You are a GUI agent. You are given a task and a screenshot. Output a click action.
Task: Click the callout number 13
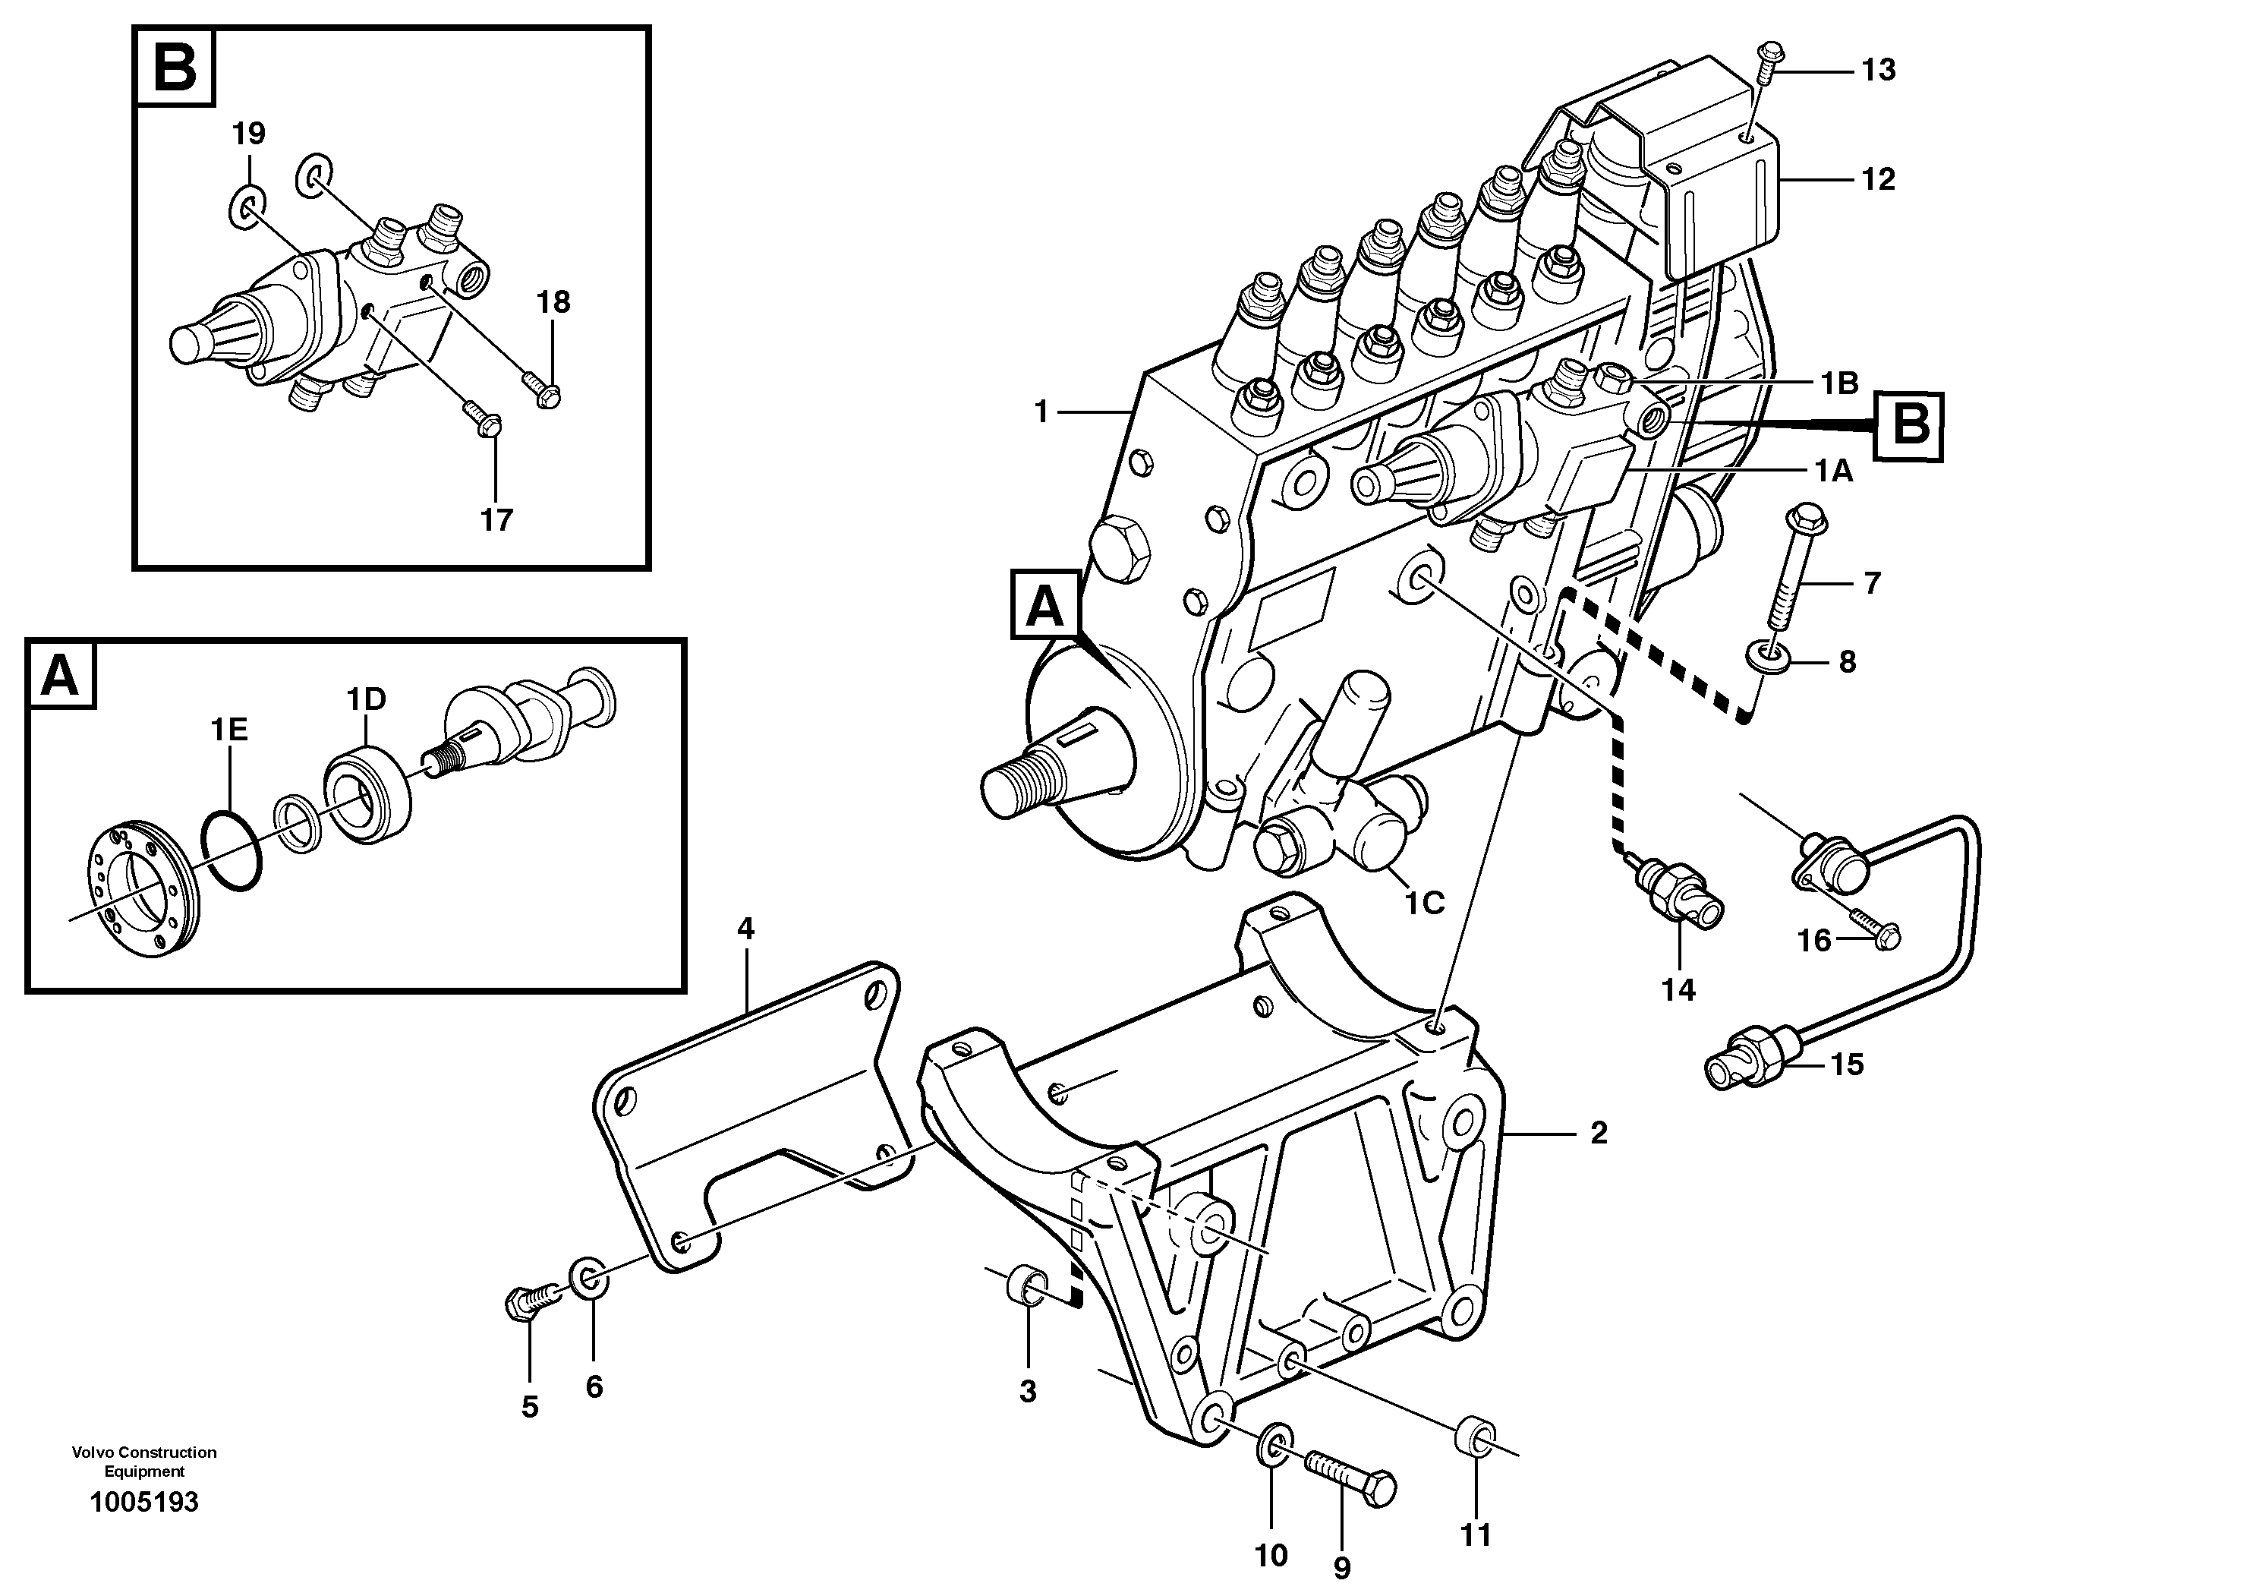point(1877,70)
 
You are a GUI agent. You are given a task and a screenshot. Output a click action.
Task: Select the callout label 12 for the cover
point(1877,179)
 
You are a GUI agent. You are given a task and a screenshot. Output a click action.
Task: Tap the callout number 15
point(1847,1065)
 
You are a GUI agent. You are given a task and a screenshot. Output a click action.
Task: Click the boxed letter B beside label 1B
point(1909,426)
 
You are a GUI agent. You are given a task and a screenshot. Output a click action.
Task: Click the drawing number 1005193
point(143,1503)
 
